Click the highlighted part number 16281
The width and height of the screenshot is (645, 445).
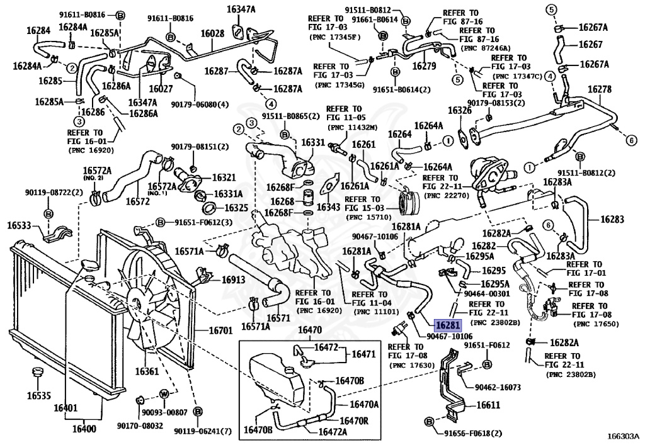[x=448, y=325]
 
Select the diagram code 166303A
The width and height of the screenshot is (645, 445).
[x=623, y=435]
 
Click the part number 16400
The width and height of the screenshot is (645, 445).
[x=84, y=429]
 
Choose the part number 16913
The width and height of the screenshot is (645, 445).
[x=234, y=279]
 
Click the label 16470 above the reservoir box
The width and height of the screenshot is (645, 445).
[x=310, y=330]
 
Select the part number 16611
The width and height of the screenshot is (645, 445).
[x=488, y=406]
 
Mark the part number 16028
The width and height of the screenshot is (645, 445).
[x=212, y=32]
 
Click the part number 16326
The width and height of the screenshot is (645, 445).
[x=460, y=110]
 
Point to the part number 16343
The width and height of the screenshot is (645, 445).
[x=328, y=206]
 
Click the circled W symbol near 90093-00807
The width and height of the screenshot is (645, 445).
[x=163, y=394]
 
